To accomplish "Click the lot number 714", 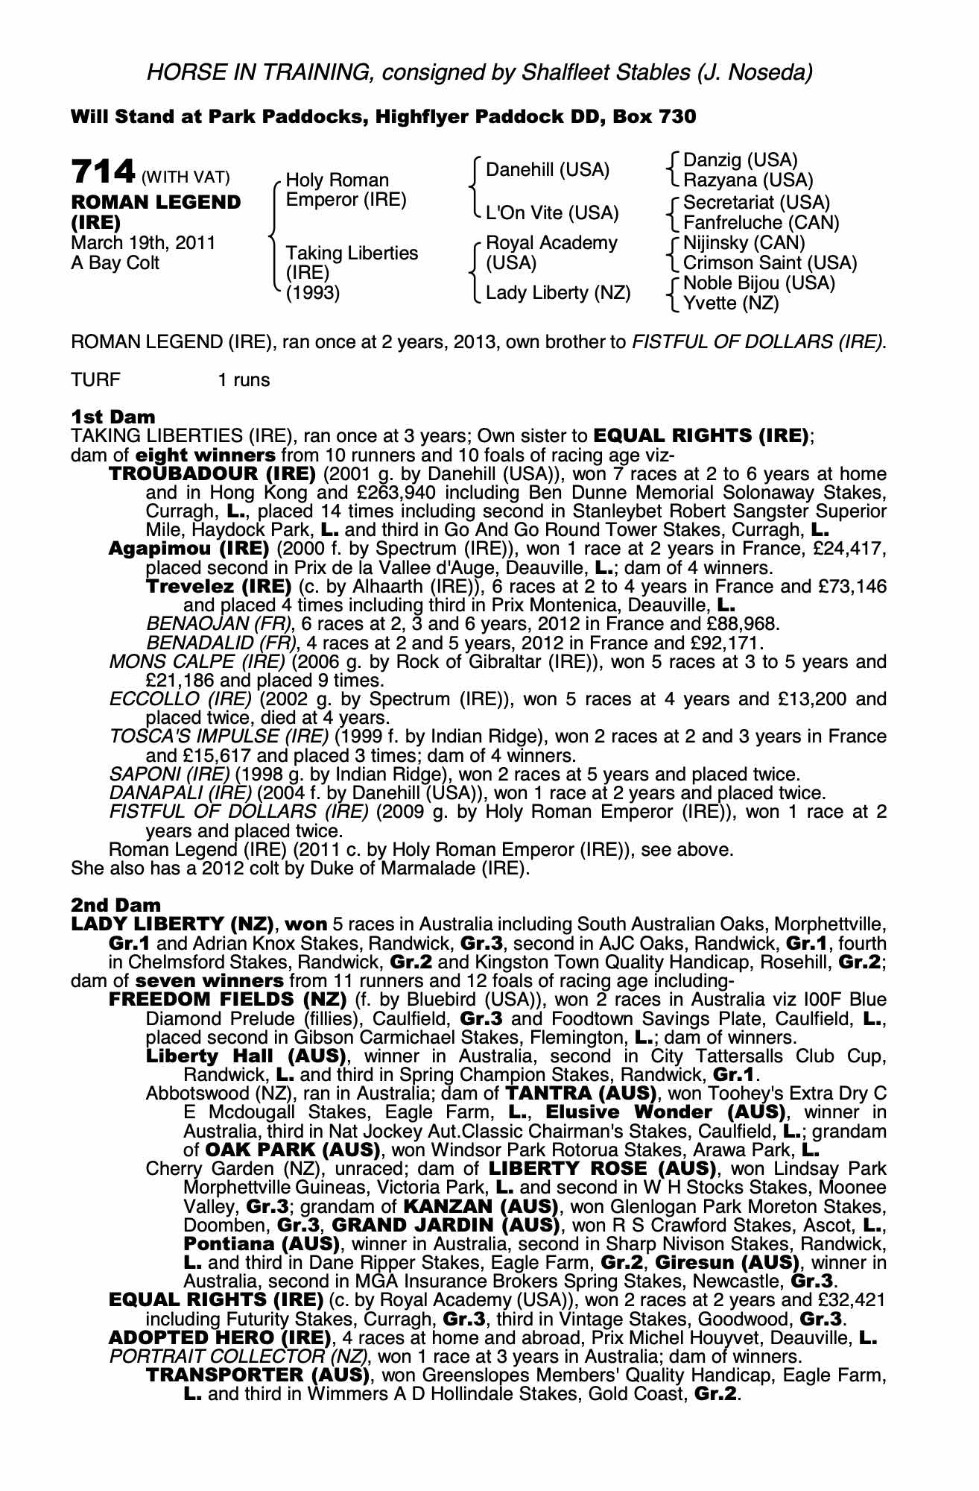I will click(102, 172).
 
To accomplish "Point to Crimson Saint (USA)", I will click(770, 263).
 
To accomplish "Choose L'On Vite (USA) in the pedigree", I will click(551, 213).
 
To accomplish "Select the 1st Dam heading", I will click(113, 417).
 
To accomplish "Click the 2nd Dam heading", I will click(115, 905).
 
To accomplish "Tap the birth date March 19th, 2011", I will click(143, 243).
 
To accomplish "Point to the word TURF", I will click(95, 380).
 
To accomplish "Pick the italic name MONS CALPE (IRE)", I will click(197, 662).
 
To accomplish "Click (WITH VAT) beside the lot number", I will click(186, 177).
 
